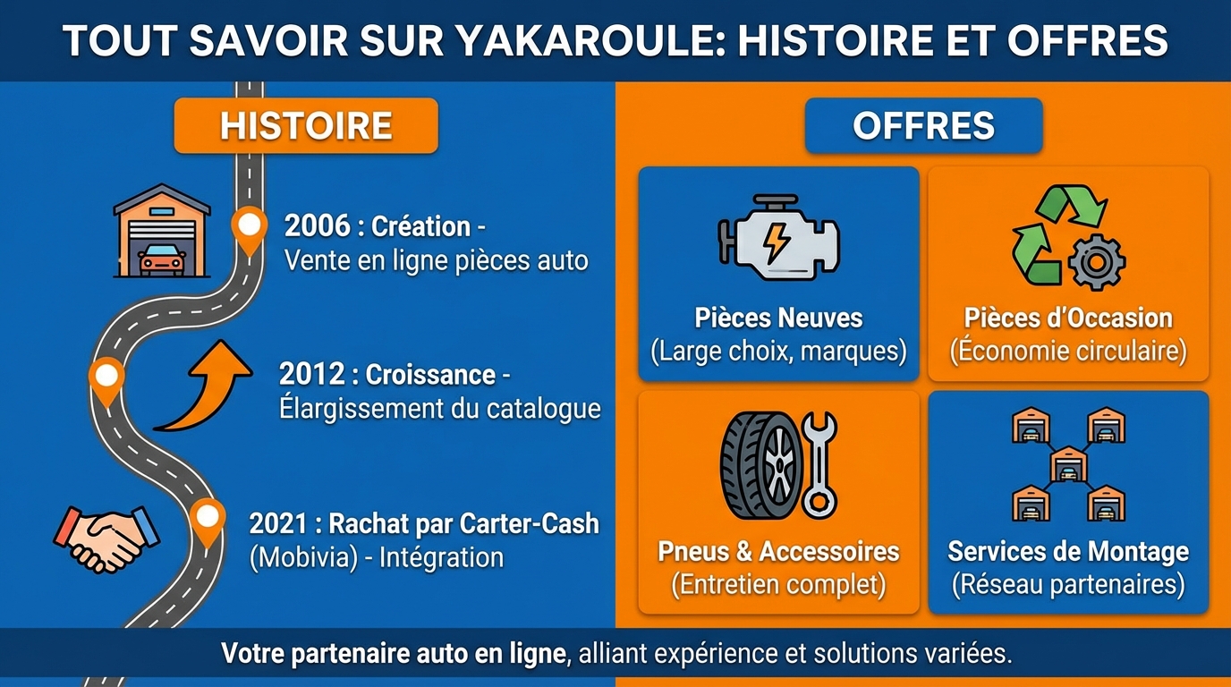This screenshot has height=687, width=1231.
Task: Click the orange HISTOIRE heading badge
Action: click(306, 126)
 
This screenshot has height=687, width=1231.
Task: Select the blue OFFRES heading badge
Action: click(923, 126)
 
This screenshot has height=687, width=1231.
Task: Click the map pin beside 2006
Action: click(249, 227)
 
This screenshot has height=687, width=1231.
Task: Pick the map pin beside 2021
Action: click(208, 520)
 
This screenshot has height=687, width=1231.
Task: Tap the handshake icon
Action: click(106, 536)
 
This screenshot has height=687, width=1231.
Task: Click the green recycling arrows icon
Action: click(1056, 233)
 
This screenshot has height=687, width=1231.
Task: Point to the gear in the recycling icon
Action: click(1097, 262)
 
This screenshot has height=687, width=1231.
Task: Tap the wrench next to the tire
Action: click(819, 465)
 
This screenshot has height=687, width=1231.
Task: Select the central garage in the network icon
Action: click(1067, 462)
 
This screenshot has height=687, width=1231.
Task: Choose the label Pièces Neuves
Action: click(778, 318)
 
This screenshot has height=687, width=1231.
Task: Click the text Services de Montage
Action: click(1068, 551)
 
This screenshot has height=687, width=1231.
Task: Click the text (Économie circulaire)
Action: click(1068, 351)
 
